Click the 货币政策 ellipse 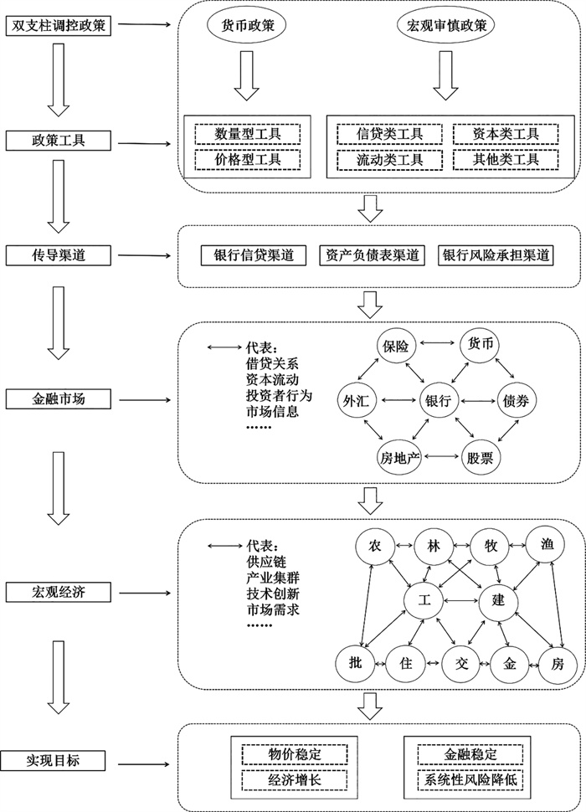point(248,25)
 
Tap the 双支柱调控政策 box point(58,26)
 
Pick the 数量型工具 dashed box point(248,134)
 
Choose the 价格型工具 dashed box point(248,160)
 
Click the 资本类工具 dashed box point(506,134)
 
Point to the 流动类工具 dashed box point(389,160)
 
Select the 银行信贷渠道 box point(254,255)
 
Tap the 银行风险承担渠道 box point(496,255)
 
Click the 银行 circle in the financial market point(439,400)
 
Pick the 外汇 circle point(356,400)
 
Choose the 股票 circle point(480,458)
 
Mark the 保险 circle point(396,346)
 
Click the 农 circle point(374,546)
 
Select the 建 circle point(497,600)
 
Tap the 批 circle point(355,663)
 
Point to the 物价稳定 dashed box point(295,754)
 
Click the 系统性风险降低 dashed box point(470,779)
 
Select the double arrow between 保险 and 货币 point(438,342)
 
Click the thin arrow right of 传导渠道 point(145,255)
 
